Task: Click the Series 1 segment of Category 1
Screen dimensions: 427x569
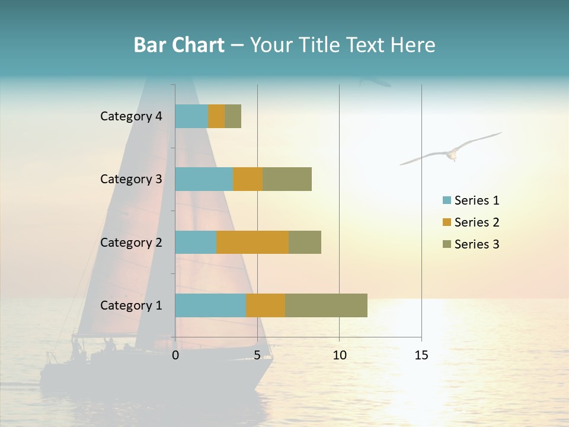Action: [x=210, y=305]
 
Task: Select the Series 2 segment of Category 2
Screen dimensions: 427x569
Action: [x=252, y=242]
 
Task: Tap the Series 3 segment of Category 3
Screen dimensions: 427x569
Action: [x=287, y=179]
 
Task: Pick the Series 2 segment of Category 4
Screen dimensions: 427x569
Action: [x=216, y=116]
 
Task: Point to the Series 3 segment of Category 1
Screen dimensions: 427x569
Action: [x=326, y=305]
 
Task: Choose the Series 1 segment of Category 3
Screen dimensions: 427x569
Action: [x=204, y=179]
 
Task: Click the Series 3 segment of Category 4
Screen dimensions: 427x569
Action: [x=233, y=116]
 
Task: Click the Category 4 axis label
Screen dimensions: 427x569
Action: [x=131, y=116]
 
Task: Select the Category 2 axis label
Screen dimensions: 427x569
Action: [x=131, y=242]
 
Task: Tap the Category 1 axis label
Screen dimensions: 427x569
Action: [x=131, y=305]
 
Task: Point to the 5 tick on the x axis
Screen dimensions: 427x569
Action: [x=257, y=355]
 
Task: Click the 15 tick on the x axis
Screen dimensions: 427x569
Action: [x=421, y=355]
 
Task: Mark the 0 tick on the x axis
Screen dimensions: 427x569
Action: [x=175, y=355]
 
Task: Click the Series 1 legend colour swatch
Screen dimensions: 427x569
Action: [x=446, y=200]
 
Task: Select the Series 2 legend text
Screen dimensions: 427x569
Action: [x=477, y=222]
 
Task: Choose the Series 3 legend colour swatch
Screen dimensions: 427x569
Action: [x=446, y=244]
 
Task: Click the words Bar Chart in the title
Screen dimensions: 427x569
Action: [x=179, y=44]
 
